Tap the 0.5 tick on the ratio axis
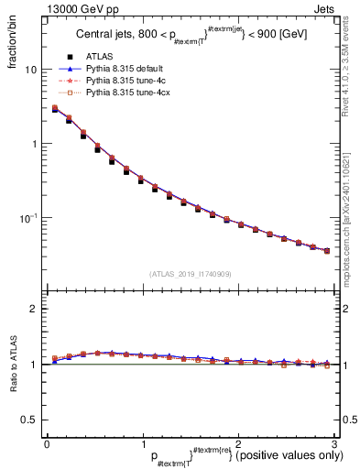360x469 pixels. coord(29,420)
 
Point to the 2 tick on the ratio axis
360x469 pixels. coord(34,309)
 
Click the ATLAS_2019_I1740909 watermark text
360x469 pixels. coord(190,274)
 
